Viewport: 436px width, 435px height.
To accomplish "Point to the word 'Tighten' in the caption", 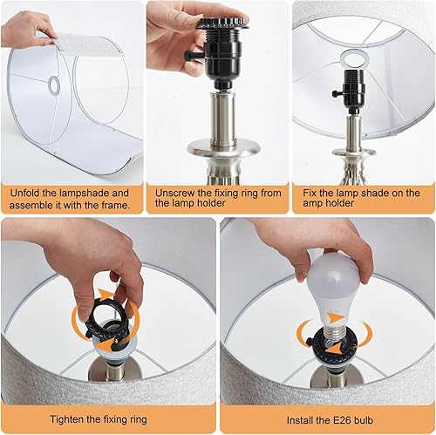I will coord(71,419).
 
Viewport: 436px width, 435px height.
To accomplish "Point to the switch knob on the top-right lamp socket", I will coord(336,90).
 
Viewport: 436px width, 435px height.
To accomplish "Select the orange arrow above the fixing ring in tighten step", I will coord(106,294).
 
